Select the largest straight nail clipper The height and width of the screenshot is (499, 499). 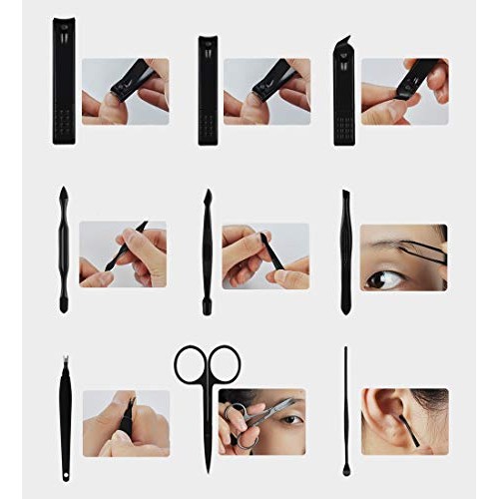click(64, 82)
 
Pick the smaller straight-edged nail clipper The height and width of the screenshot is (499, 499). click(207, 90)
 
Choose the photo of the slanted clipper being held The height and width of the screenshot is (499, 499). click(404, 91)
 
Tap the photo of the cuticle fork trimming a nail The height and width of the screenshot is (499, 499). click(125, 423)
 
